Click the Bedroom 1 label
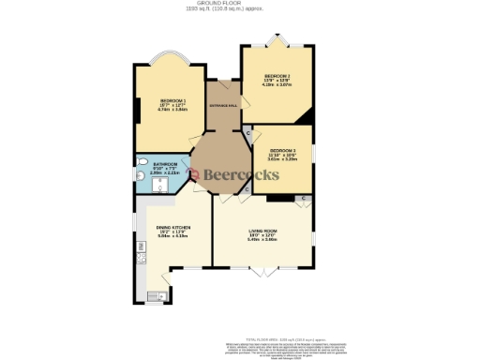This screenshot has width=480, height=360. (172, 100)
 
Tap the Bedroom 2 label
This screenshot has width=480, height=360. (277, 76)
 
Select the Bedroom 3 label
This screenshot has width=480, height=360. (282, 150)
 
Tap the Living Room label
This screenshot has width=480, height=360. (262, 231)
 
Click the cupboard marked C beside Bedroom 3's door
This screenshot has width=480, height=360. (247, 134)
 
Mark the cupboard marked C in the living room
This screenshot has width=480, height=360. (304, 200)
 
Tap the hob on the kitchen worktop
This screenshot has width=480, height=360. (141, 254)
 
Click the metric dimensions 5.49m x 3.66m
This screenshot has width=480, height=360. (262, 240)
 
